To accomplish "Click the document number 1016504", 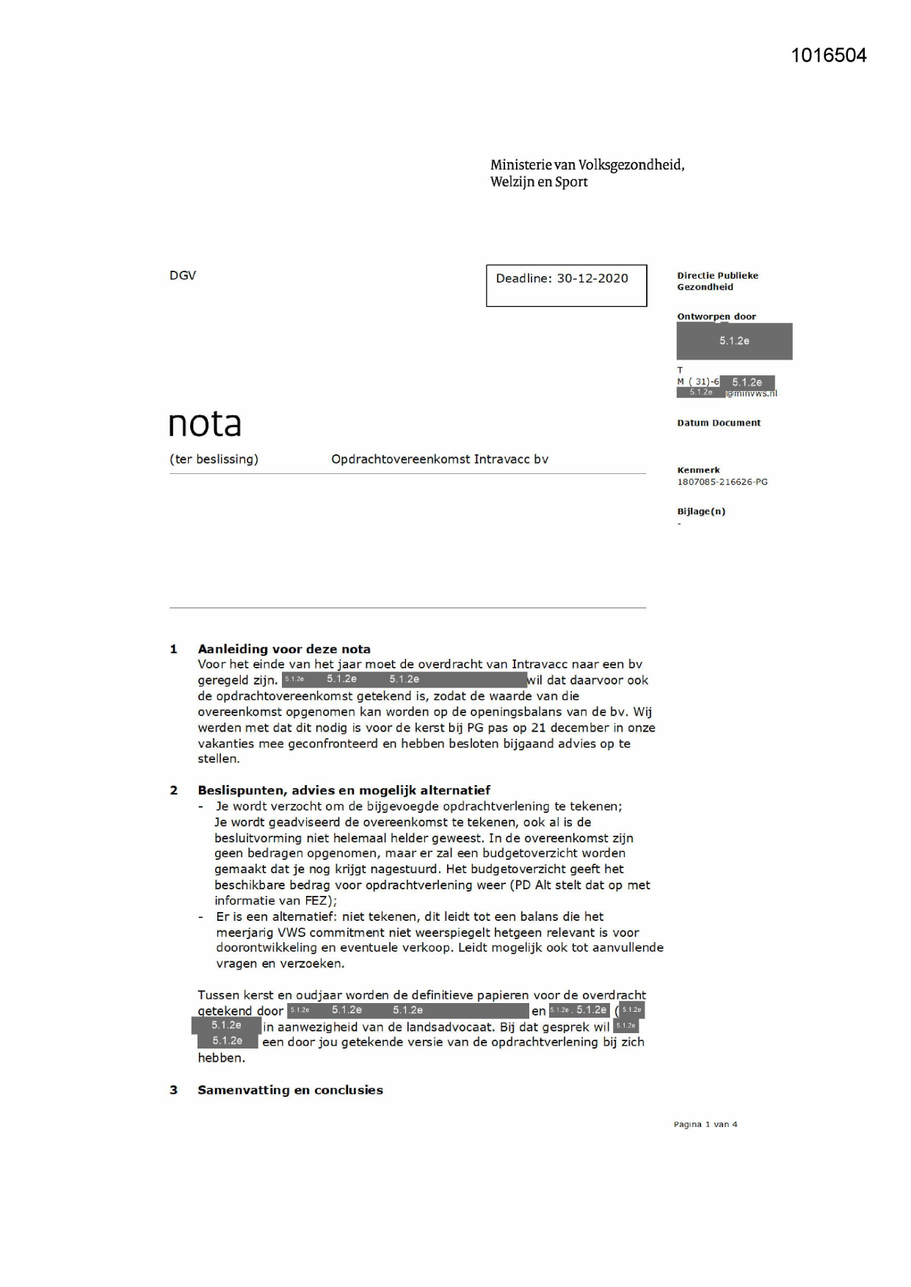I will click(x=828, y=56).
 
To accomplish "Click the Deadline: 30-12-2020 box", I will click(x=565, y=285).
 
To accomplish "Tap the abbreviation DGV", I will click(x=183, y=275).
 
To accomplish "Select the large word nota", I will click(x=205, y=424).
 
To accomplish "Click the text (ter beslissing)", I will click(x=214, y=459).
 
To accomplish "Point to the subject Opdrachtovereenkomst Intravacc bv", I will click(x=440, y=459).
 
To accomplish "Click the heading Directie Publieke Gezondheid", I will click(x=717, y=281).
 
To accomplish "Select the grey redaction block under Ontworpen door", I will click(x=734, y=341).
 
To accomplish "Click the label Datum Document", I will click(x=719, y=423).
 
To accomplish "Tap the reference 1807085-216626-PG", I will click(x=722, y=482).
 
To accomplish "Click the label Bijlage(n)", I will click(x=701, y=511).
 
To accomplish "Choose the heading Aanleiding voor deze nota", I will click(x=284, y=649).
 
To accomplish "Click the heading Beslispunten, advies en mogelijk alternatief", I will click(x=344, y=790).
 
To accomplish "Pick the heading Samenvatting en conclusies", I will click(x=290, y=1090).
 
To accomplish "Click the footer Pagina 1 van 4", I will click(x=705, y=1124).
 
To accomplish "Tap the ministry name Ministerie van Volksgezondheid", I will click(x=587, y=165).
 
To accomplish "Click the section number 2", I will click(x=174, y=790).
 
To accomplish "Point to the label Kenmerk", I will click(x=698, y=470).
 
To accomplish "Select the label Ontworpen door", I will click(x=716, y=317).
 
